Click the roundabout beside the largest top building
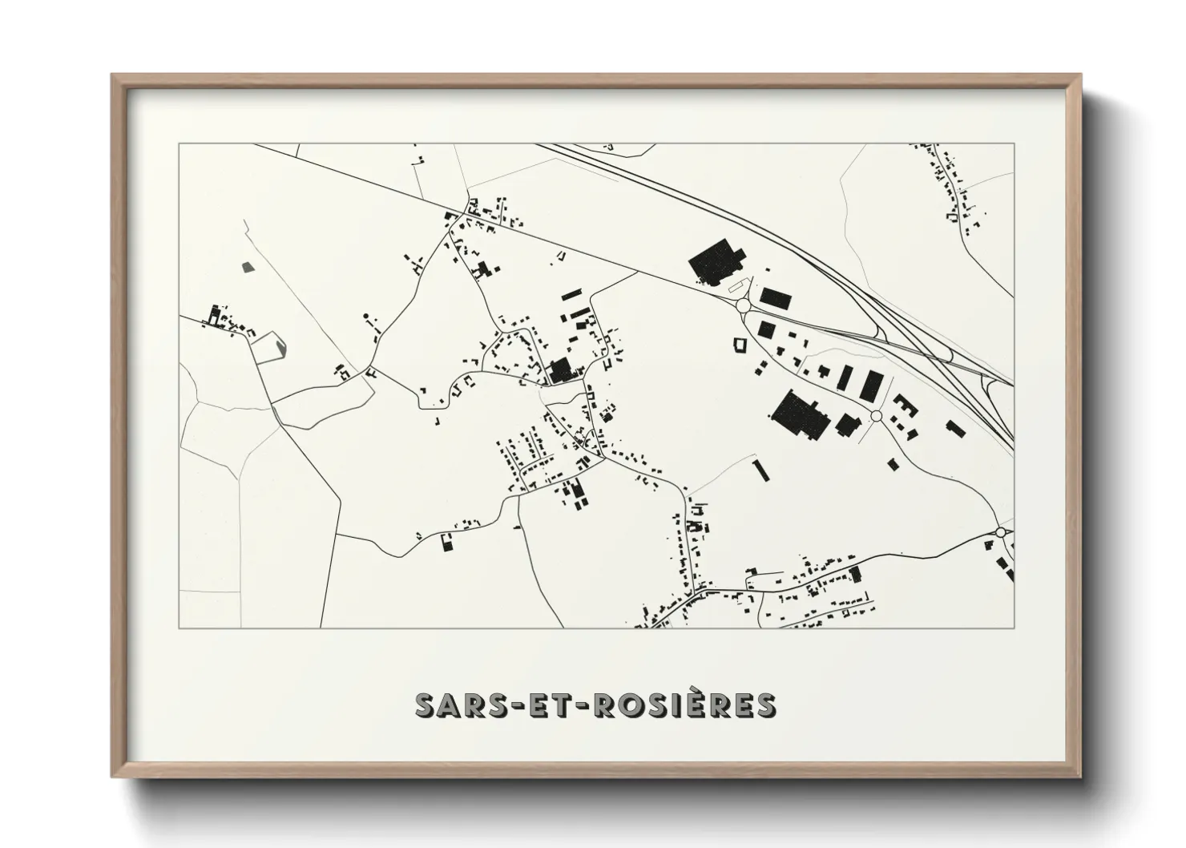742,305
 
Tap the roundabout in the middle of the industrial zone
876,416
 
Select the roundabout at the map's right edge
1000,532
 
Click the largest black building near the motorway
716,263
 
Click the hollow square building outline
739,345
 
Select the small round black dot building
366,316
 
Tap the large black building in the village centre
560,369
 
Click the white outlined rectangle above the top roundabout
735,284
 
